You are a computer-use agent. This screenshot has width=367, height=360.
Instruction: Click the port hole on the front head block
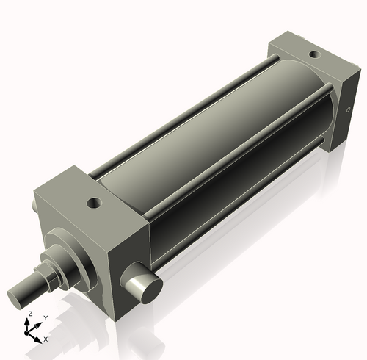coord(93,202)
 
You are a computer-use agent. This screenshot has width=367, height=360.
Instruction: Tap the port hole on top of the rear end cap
coord(315,54)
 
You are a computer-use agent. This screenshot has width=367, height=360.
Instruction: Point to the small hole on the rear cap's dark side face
coord(347,112)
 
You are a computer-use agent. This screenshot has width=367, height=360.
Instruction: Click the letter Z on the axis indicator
coord(29,313)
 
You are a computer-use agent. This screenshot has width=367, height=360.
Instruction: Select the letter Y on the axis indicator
coord(45,318)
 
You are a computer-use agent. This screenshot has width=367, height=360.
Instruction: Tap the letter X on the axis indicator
coord(46,339)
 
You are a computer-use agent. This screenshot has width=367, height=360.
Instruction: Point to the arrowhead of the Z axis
coord(29,320)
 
